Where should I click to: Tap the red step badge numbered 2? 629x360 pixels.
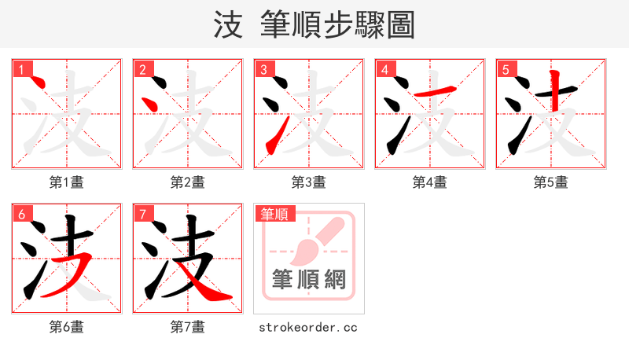pyautogui.click(x=142, y=69)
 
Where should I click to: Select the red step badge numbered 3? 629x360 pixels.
pyautogui.click(x=263, y=69)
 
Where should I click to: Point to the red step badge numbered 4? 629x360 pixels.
pyautogui.click(x=384, y=69)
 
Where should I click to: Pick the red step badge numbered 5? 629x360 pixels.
pyautogui.click(x=506, y=69)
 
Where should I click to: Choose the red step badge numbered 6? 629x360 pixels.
pyautogui.click(x=21, y=214)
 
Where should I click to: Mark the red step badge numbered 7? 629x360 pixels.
pyautogui.click(x=142, y=214)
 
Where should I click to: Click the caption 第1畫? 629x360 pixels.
pyautogui.click(x=67, y=182)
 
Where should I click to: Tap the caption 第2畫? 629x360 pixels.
pyautogui.click(x=188, y=182)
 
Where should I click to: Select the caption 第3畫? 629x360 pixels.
pyautogui.click(x=309, y=182)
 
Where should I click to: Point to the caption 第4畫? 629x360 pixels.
pyautogui.click(x=430, y=182)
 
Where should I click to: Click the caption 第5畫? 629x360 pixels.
pyautogui.click(x=551, y=182)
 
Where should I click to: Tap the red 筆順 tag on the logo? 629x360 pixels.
pyautogui.click(x=274, y=214)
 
